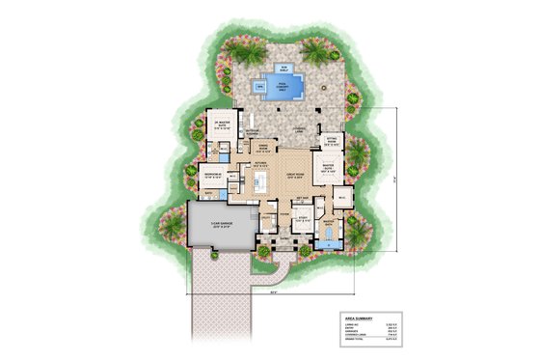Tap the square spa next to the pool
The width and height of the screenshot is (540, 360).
point(259,86)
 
